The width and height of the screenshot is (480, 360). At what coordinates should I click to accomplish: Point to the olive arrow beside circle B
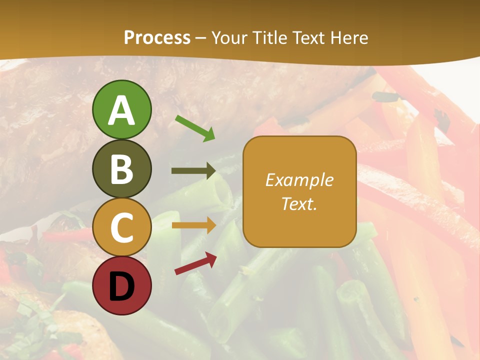click(x=193, y=171)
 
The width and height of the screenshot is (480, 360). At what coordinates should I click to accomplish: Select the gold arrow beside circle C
click(x=193, y=225)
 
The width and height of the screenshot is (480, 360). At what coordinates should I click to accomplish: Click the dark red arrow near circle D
click(x=195, y=263)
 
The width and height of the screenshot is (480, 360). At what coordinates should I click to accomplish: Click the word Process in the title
click(x=157, y=38)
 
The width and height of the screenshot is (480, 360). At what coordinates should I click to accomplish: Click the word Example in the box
click(x=299, y=180)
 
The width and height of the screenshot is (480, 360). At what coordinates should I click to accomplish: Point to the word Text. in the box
click(x=299, y=203)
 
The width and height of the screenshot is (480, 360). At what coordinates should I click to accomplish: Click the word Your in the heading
click(x=229, y=38)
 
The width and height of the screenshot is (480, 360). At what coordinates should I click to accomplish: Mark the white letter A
click(x=121, y=110)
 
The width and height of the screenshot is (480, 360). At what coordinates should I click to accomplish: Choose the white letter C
click(x=121, y=228)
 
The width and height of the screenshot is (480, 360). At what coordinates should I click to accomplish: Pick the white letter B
click(x=121, y=169)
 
